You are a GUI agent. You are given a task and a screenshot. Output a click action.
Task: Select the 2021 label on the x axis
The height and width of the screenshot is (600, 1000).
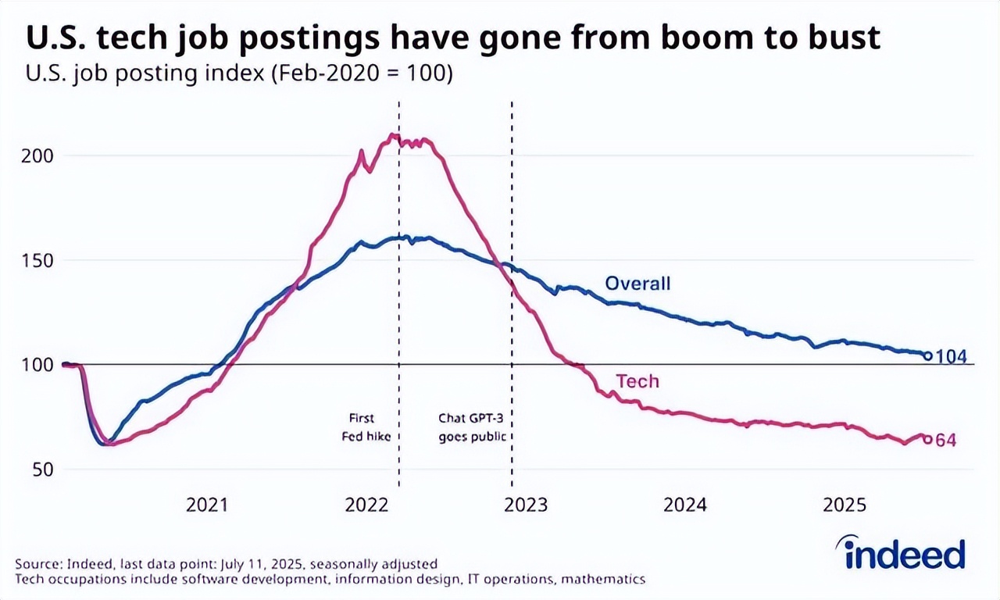tap(207, 505)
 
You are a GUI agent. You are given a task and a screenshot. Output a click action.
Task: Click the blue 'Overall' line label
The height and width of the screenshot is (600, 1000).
tap(637, 283)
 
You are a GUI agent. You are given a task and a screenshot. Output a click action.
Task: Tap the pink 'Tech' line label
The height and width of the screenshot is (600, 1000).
tap(637, 381)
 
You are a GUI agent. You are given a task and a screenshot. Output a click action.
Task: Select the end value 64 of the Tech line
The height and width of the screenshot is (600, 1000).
tap(946, 441)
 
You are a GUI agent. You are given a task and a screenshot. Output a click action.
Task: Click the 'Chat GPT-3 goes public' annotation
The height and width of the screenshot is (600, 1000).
tap(471, 427)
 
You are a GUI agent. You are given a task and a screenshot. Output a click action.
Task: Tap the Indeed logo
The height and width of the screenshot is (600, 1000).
tap(905, 553)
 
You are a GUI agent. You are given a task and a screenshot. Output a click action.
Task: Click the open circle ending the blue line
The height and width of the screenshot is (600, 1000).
tap(928, 356)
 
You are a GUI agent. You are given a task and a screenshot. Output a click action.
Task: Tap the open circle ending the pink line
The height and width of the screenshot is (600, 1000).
tap(928, 440)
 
